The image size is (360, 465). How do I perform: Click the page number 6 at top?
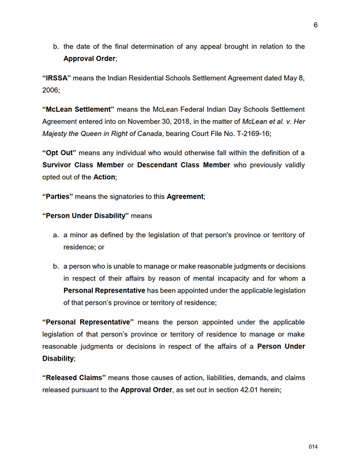[316, 25]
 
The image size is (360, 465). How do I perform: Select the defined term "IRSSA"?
[57, 78]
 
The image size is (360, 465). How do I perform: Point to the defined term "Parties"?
[58, 196]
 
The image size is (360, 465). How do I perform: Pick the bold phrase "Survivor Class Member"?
[83, 165]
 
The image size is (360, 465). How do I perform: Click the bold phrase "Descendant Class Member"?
[183, 165]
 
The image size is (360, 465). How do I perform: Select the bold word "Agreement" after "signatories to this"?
[185, 197]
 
